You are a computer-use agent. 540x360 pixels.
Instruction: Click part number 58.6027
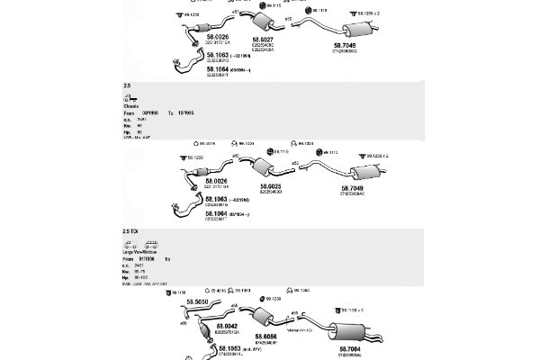click(263, 40)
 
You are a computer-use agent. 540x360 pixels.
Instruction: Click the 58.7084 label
click(350, 347)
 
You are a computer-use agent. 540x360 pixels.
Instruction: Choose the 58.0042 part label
click(226, 326)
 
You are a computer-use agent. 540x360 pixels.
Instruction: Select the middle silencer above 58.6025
click(265, 169)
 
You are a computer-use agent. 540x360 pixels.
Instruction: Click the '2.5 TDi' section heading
click(130, 231)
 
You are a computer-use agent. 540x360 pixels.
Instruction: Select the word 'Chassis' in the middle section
click(131, 106)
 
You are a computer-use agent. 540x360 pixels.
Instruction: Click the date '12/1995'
click(185, 112)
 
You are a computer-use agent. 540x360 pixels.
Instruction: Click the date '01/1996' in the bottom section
click(148, 259)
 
